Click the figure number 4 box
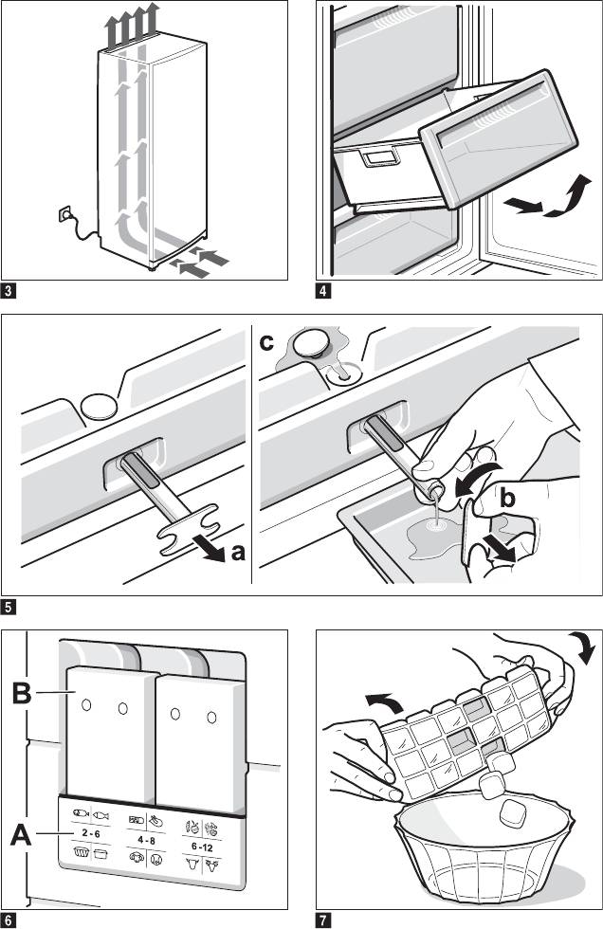(324, 290)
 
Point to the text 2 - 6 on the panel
(92, 832)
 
